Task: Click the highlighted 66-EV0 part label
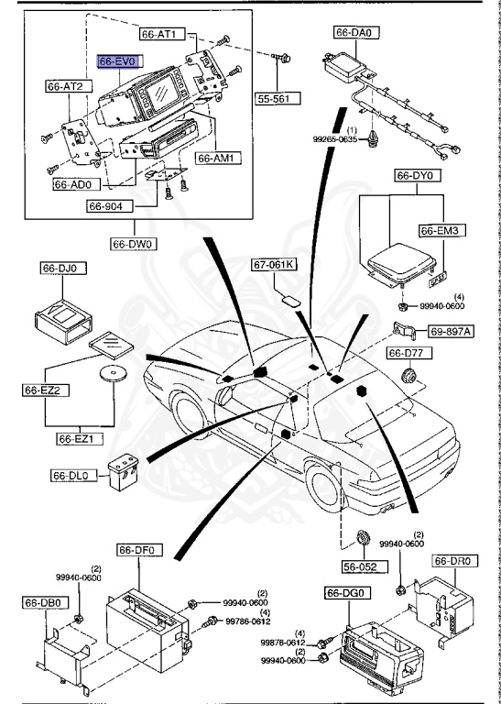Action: click(118, 60)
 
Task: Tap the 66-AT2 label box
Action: click(65, 86)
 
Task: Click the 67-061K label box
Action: click(274, 266)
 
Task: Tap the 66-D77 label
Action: click(405, 353)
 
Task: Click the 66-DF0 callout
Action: click(138, 550)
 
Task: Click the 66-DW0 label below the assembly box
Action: click(132, 244)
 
